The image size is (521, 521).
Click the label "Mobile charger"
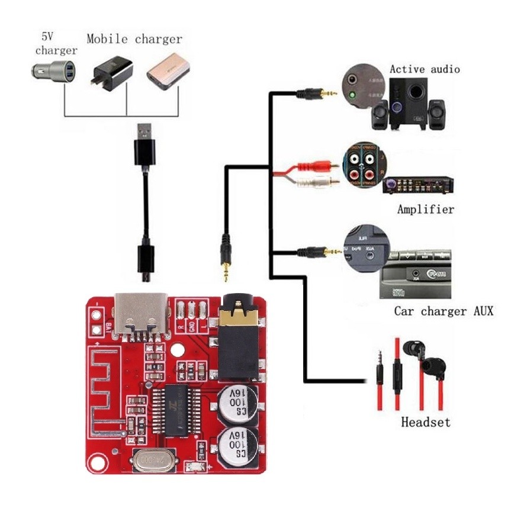134,39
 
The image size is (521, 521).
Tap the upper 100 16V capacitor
237,405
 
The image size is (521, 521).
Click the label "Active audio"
424,69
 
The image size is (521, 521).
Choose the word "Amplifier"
426,209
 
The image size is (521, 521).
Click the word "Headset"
425,422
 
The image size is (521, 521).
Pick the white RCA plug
319,183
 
